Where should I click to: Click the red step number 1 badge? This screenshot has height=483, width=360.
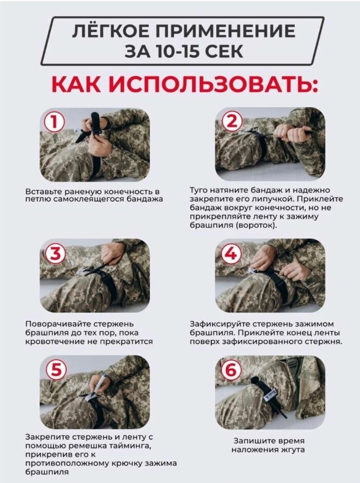click(x=54, y=122)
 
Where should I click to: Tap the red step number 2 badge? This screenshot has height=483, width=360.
click(x=232, y=122)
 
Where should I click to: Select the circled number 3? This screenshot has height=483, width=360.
click(x=55, y=254)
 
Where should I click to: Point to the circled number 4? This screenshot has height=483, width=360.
click(x=231, y=254)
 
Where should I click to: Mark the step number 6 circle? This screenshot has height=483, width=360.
click(x=231, y=370)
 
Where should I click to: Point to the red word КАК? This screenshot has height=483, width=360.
click(x=76, y=83)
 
